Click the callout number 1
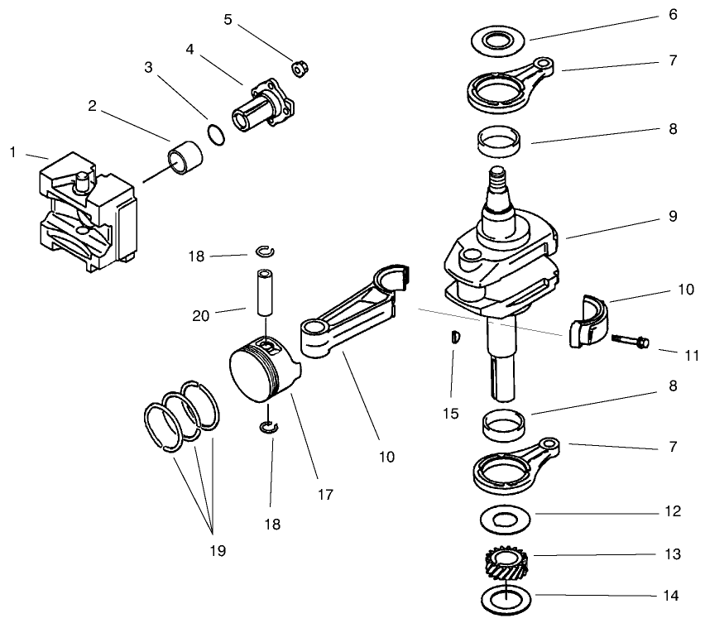(x=13, y=151)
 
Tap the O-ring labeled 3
(x=215, y=134)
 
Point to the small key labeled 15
(x=453, y=336)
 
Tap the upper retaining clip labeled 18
(x=266, y=252)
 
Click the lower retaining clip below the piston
(x=269, y=427)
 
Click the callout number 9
(x=673, y=217)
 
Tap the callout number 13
(x=673, y=554)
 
